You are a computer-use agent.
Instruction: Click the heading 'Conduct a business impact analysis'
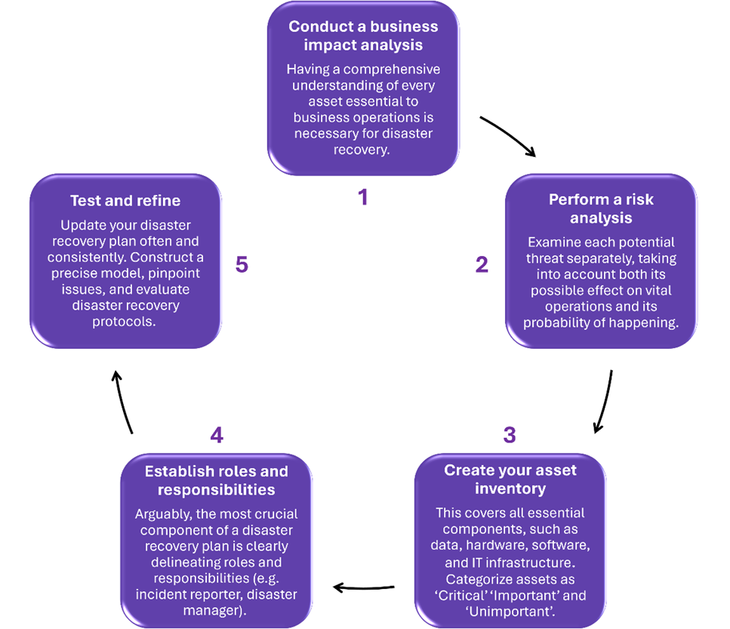click(x=363, y=35)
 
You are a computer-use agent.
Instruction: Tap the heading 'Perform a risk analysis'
click(x=601, y=208)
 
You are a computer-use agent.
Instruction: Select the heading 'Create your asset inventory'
click(x=510, y=479)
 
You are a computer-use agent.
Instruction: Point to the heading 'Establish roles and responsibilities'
click(x=217, y=480)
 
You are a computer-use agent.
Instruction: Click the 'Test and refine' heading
click(x=125, y=200)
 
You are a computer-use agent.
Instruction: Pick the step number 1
click(x=363, y=197)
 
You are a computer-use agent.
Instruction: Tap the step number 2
click(x=482, y=264)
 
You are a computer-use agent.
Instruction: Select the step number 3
click(x=510, y=435)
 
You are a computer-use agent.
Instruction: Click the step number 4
click(x=217, y=435)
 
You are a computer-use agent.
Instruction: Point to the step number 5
click(x=242, y=265)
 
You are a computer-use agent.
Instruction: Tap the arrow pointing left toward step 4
click(x=364, y=587)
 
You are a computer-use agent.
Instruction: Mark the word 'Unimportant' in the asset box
click(x=510, y=612)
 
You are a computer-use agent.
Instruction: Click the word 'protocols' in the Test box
click(x=125, y=322)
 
